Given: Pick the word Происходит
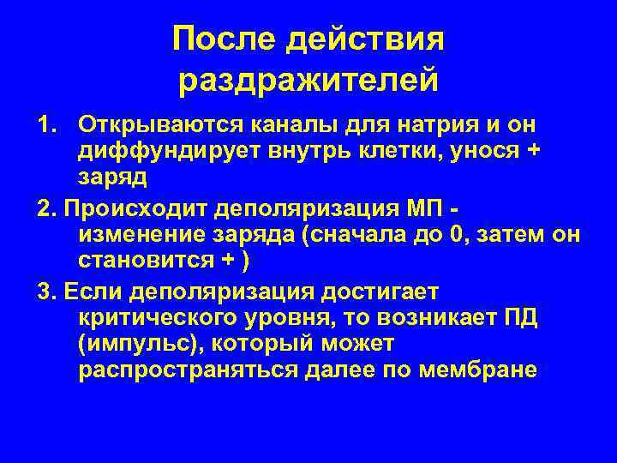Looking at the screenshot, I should pyautogui.click(x=129, y=207).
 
